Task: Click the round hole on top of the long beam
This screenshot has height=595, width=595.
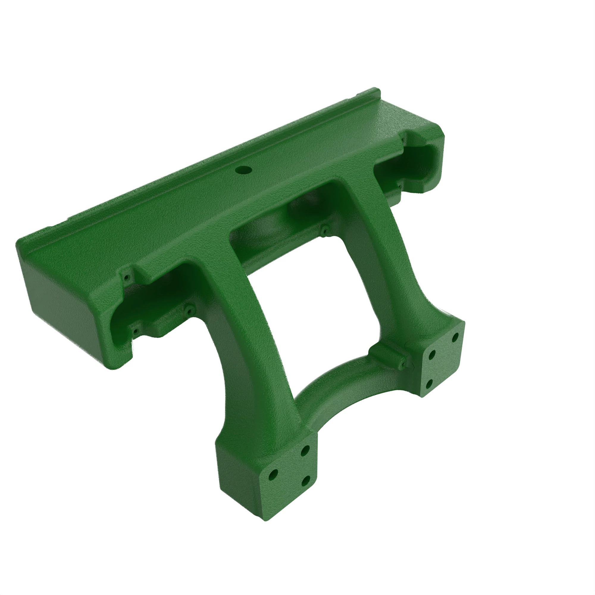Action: (x=243, y=169)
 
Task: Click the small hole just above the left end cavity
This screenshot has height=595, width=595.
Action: (x=126, y=277)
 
